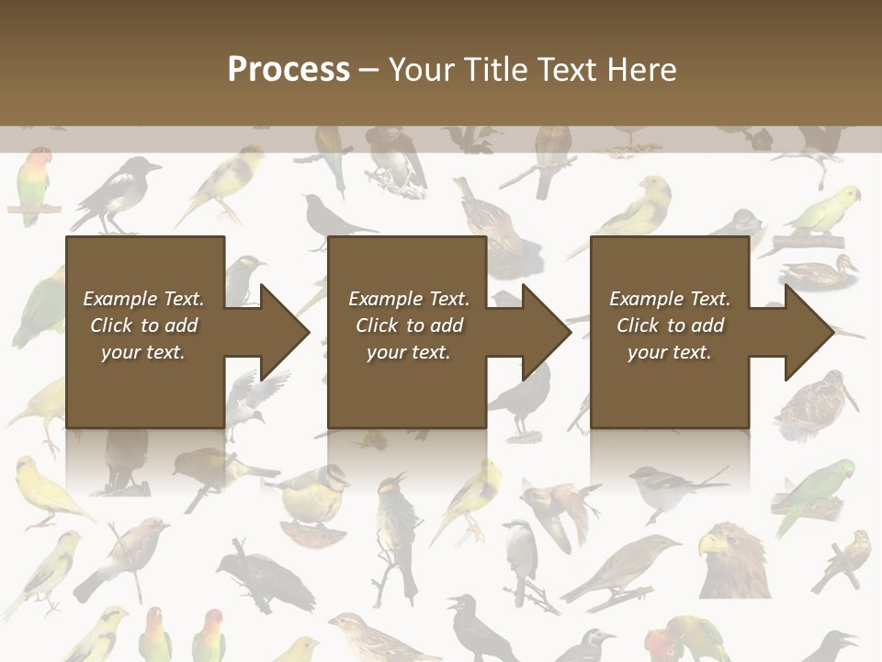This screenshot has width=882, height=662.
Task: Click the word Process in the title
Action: pyautogui.click(x=288, y=70)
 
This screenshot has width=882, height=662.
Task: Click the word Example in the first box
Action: pyautogui.click(x=119, y=299)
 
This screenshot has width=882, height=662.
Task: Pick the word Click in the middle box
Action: pyautogui.click(x=376, y=325)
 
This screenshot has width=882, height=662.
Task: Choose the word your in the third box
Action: pyautogui.click(x=647, y=352)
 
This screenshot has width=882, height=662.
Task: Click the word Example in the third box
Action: pyautogui.click(x=646, y=299)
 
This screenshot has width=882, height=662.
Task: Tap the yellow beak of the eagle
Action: pyautogui.click(x=707, y=547)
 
